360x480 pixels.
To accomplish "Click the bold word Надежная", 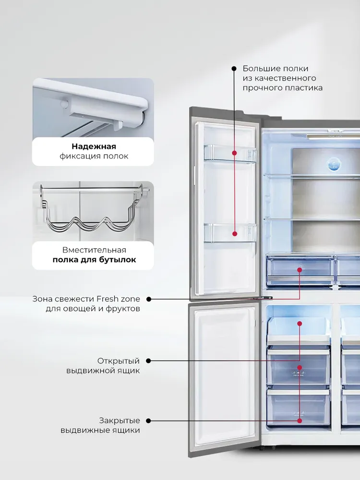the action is (x=94, y=146).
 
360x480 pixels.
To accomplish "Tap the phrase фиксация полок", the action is (x=94, y=156).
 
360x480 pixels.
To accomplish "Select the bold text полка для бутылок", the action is (x=94, y=260).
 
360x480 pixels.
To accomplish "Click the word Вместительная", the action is (x=94, y=250).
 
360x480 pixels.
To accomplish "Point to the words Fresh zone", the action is (x=119, y=299).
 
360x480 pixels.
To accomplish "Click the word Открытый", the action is (x=119, y=361).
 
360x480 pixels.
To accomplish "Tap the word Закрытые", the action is (x=120, y=420).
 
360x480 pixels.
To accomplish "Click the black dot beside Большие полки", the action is (x=234, y=69).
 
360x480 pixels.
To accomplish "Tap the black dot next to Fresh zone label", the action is (x=148, y=299).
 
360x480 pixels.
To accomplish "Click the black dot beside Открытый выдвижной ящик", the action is (x=148, y=361).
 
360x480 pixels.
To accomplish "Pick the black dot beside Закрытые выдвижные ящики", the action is (x=148, y=421).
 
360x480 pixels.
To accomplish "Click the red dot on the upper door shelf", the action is (x=235, y=153).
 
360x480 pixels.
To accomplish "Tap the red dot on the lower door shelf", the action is (x=235, y=234).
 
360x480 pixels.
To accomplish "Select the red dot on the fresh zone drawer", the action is (x=300, y=270).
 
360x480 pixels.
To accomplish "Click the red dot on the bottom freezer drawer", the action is (x=300, y=421).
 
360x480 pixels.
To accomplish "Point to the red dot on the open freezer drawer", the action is (x=300, y=324).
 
